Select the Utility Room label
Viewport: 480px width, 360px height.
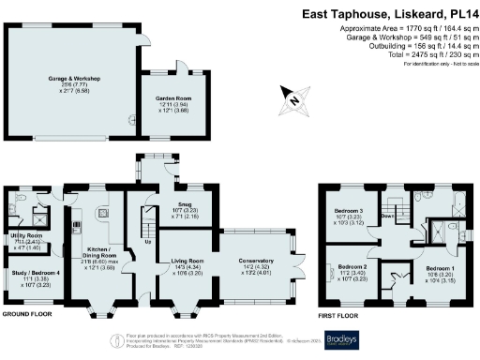pos(27,235)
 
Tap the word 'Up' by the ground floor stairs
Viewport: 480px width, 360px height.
pos(146,241)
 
